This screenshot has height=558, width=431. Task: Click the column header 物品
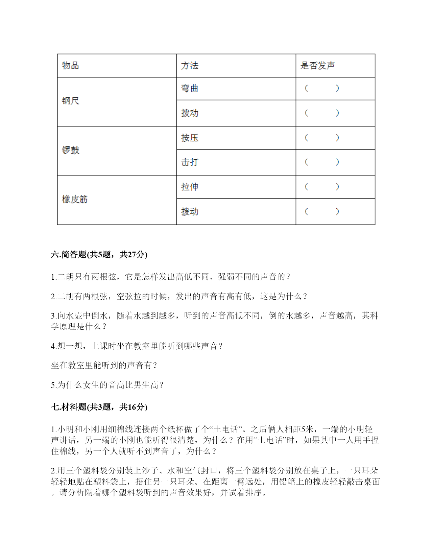(70, 66)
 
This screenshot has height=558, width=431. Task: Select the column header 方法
(190, 66)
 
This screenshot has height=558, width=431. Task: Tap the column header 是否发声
(317, 66)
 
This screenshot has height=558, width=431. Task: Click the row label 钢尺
(70, 101)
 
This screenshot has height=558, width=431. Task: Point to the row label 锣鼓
(70, 150)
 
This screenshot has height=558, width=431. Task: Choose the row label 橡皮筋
(75, 200)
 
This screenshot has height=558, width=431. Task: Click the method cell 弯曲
(190, 89)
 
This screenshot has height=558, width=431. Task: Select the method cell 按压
(190, 138)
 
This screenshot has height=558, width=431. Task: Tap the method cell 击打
(190, 162)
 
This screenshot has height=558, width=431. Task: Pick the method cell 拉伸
(190, 187)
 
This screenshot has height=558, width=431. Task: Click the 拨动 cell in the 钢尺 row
(190, 113)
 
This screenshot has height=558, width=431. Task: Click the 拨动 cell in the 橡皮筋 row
(190, 212)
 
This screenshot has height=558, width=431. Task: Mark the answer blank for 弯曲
(321, 89)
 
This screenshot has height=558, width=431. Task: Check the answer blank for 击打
(321, 162)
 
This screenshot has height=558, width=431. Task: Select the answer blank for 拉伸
(321, 187)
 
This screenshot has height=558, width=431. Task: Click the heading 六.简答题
(99, 255)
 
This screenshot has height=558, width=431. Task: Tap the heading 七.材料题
(99, 407)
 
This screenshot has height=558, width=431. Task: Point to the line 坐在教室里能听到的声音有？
(104, 366)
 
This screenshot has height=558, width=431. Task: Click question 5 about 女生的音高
(107, 385)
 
